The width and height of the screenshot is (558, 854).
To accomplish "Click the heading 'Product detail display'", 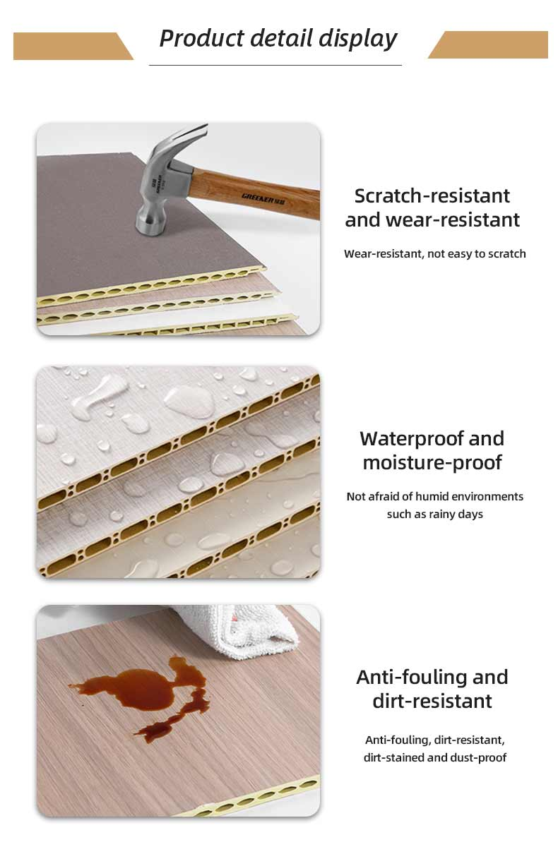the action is (x=278, y=39).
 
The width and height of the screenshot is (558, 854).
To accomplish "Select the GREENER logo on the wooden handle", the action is (x=263, y=198).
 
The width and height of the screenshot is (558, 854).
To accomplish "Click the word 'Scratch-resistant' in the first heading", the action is (x=432, y=196).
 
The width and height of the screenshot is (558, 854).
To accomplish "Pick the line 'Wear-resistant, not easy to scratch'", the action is (x=434, y=253).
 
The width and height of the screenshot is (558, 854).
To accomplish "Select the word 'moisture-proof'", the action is (x=432, y=462).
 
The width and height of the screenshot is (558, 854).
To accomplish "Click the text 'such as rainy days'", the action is (x=434, y=515).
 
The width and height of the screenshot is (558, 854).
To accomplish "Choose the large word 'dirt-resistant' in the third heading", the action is (x=432, y=701).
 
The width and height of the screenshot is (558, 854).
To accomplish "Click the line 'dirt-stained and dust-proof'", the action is (x=434, y=757).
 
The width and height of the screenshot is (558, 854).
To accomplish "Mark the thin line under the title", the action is (x=275, y=65).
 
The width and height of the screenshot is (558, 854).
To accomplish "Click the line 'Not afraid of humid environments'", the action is (x=434, y=496).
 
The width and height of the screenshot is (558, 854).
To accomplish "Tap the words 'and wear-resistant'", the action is (x=432, y=220).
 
